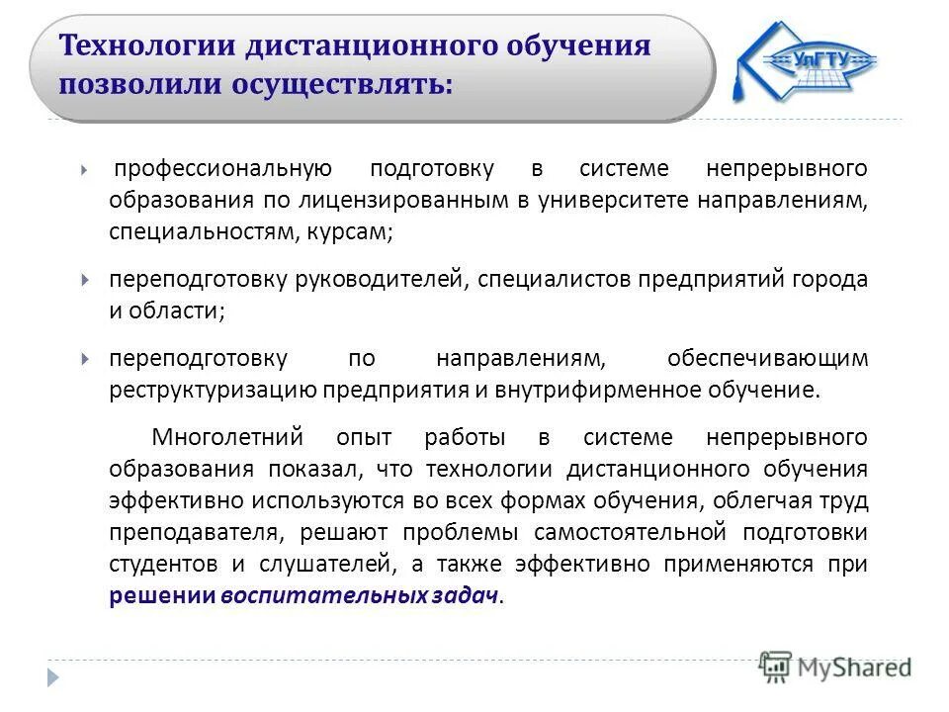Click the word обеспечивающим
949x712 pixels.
click(767, 357)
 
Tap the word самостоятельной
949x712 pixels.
click(617, 532)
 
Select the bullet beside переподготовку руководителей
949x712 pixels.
click(86, 280)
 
